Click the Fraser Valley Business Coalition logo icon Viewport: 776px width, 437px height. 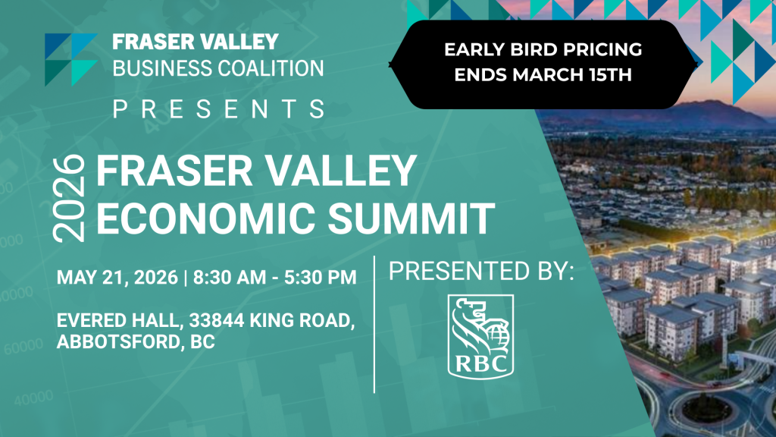[70, 59]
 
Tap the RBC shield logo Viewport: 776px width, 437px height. [480, 337]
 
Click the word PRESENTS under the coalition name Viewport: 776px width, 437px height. [219, 109]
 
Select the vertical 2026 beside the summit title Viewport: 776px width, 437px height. [69, 199]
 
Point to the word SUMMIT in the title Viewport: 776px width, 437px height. [411, 218]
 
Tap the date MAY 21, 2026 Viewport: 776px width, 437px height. [117, 278]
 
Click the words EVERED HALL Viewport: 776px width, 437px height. [119, 321]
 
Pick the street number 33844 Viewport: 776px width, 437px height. [217, 321]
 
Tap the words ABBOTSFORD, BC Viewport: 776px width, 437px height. [136, 342]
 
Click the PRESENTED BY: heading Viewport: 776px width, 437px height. [481, 271]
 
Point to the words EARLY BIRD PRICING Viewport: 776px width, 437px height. [543, 49]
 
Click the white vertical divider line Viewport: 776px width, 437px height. [374, 325]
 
